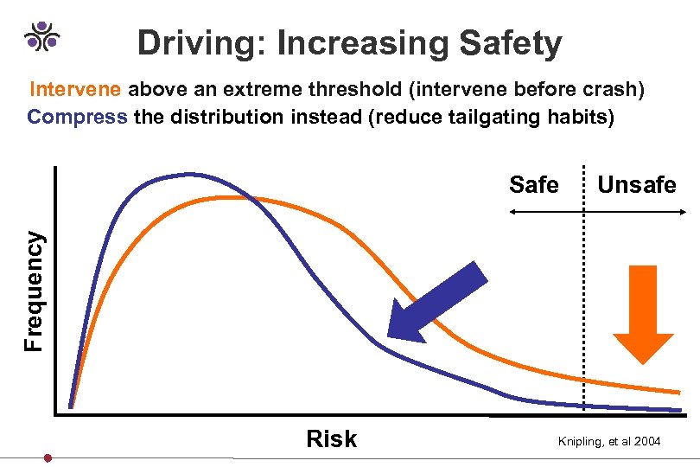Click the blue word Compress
[x=77, y=117]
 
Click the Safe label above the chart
[x=534, y=184]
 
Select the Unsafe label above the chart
[x=637, y=184]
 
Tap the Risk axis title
[x=331, y=439]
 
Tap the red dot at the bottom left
[x=48, y=457]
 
